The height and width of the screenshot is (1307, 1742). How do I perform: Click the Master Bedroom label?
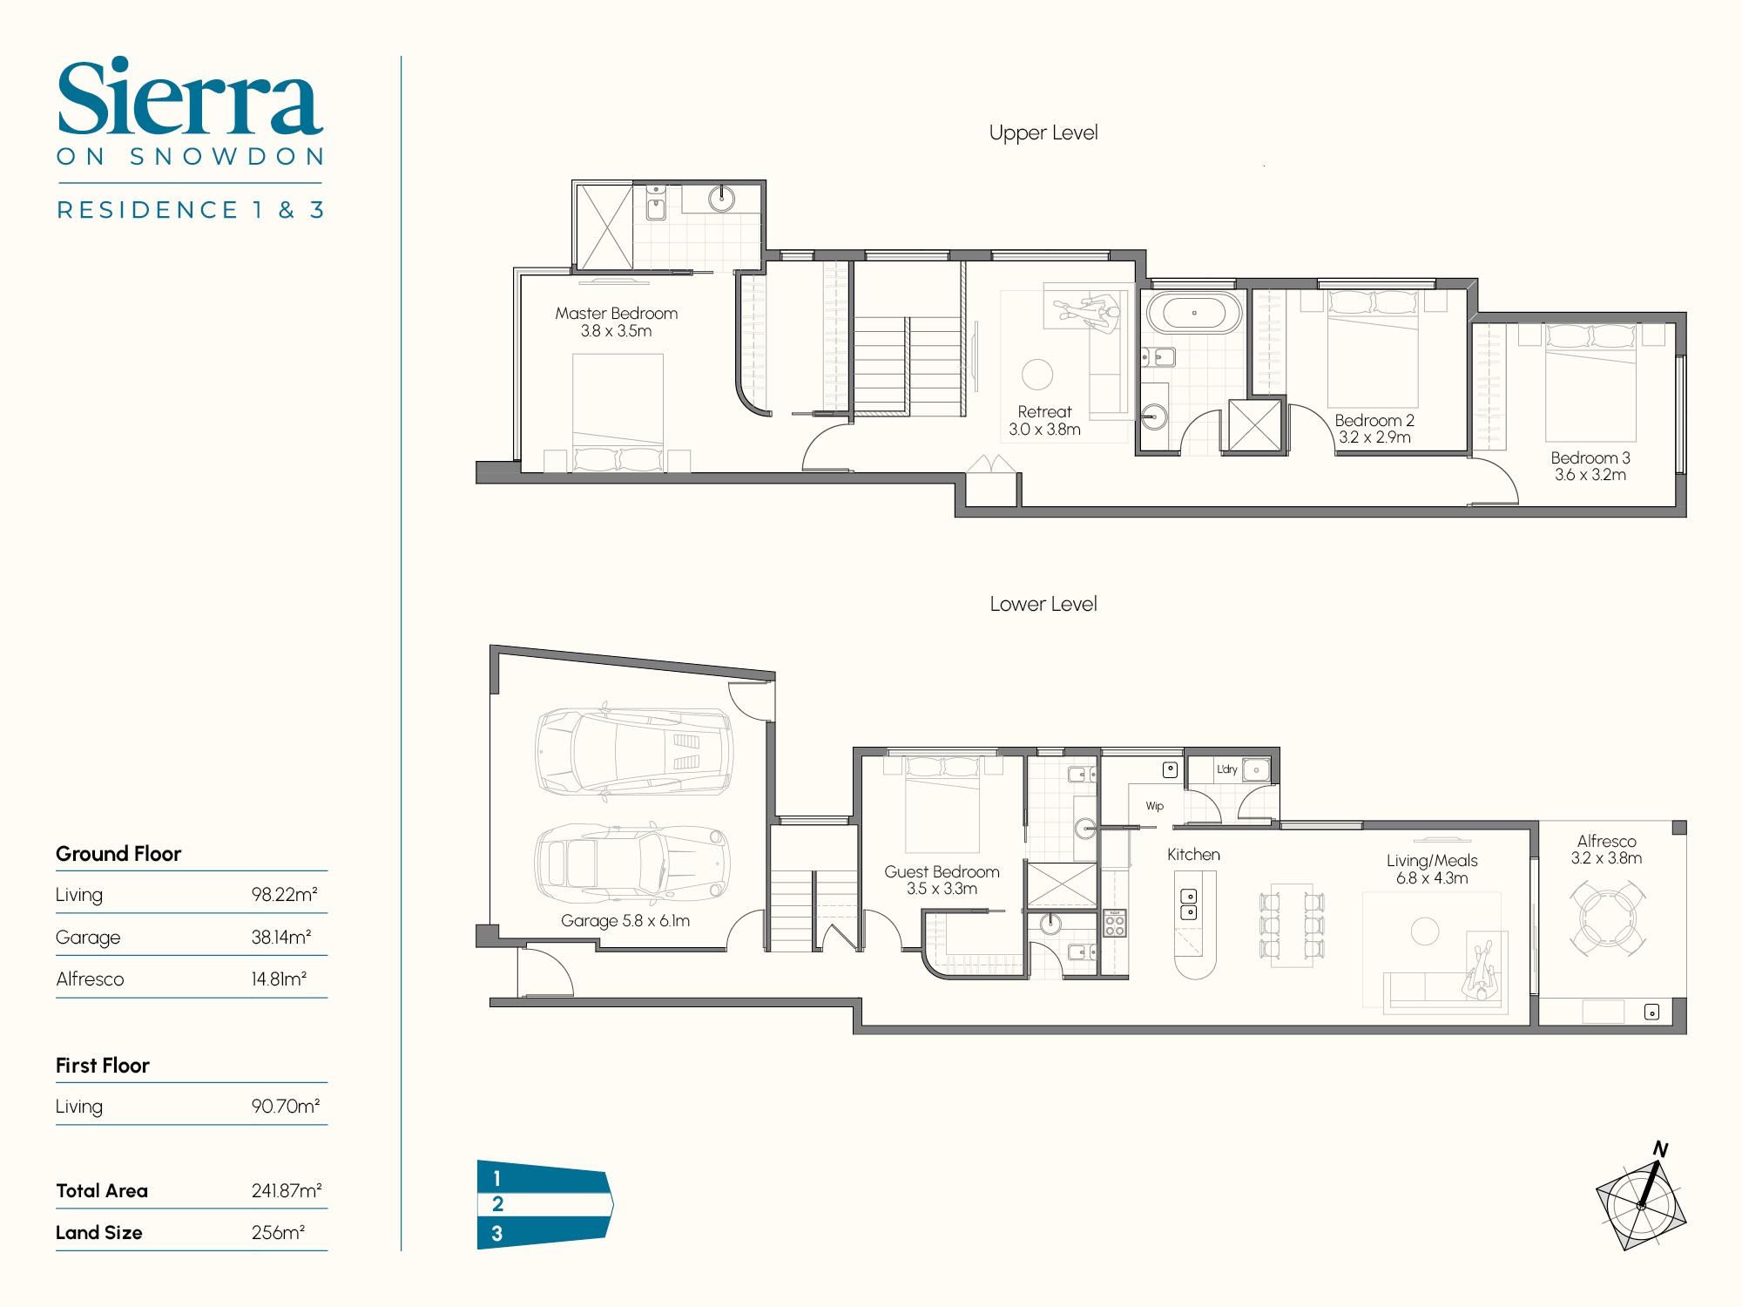point(616,314)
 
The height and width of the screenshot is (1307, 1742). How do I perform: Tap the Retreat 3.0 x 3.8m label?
point(1044,420)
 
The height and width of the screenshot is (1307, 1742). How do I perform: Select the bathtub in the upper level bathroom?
point(1193,313)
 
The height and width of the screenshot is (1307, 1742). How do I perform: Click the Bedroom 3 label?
point(1590,458)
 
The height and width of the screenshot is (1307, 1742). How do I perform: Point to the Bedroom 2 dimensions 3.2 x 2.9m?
point(1374,437)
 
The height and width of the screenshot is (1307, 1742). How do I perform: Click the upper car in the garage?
point(634,751)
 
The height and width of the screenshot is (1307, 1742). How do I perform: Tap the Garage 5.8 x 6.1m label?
point(625,921)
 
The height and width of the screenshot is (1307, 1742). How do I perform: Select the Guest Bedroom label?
point(942,872)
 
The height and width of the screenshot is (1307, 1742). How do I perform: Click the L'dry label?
point(1226,769)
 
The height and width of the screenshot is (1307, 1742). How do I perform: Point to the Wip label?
point(1154,806)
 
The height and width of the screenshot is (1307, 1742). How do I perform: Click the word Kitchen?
point(1193,855)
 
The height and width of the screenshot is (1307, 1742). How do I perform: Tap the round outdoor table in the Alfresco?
point(1607,919)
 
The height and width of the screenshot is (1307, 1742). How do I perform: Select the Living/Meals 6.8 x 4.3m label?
point(1432,869)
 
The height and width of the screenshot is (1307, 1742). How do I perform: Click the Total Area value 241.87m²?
point(286,1191)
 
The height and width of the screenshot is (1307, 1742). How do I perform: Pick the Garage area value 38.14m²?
point(280,938)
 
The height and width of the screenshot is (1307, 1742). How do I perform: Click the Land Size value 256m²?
point(278,1233)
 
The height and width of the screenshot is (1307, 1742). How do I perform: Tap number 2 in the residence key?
point(497,1204)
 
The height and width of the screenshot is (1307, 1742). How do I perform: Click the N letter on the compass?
point(1660,1149)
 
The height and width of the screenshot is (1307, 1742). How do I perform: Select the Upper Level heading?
point(1043,133)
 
